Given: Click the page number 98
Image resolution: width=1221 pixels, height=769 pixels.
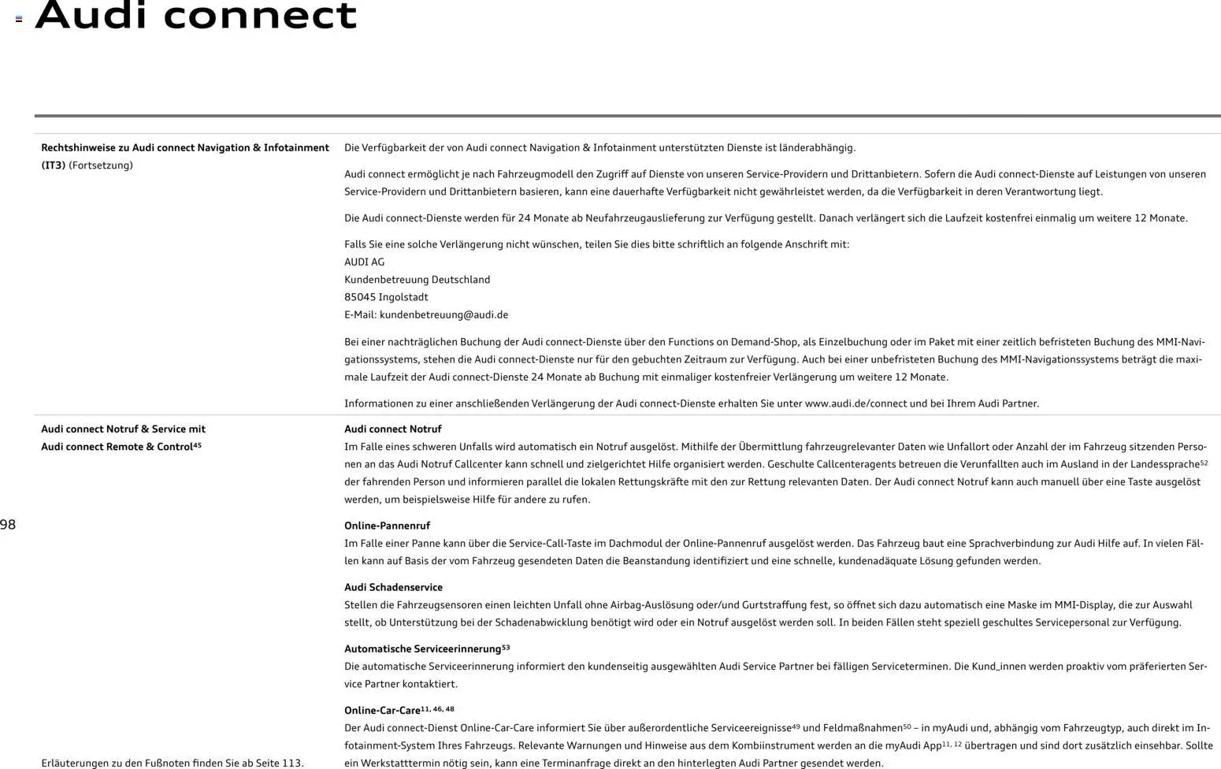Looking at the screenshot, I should (x=8, y=525).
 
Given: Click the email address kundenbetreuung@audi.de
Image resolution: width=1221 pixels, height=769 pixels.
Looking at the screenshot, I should (x=443, y=314).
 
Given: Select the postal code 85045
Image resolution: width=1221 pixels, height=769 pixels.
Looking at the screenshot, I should (x=359, y=297).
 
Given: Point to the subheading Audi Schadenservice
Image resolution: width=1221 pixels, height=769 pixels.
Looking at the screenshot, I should (x=393, y=587).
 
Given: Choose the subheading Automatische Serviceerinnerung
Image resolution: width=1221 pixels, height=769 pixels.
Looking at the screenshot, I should (x=422, y=648).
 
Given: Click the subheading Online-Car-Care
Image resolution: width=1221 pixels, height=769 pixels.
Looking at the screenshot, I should (x=382, y=710).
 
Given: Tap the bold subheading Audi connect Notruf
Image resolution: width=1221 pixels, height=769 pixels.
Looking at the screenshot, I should (x=392, y=429).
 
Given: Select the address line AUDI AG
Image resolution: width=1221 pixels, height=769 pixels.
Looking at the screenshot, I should (x=364, y=262).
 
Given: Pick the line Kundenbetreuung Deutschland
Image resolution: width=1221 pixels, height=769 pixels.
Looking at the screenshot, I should (x=417, y=280).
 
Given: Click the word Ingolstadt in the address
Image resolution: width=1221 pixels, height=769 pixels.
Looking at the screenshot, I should (x=403, y=297).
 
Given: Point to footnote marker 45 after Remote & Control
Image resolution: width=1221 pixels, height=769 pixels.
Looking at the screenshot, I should (x=197, y=445).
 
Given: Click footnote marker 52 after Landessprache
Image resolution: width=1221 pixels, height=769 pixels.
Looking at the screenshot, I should (x=1203, y=463).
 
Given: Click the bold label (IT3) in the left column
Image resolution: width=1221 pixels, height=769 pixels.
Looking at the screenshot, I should (x=53, y=165).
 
